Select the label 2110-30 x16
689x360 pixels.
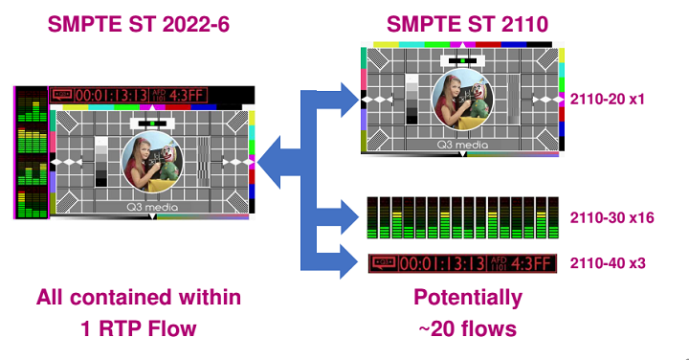point(611,217)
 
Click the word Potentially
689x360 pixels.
point(468,298)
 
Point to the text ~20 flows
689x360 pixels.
point(468,328)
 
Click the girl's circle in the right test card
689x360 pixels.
point(463,101)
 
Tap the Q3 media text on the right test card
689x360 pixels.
point(463,146)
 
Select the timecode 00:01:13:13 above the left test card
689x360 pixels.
point(111,96)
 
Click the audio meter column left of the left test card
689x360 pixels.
point(32,153)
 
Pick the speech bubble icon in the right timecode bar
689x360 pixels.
point(384,260)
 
